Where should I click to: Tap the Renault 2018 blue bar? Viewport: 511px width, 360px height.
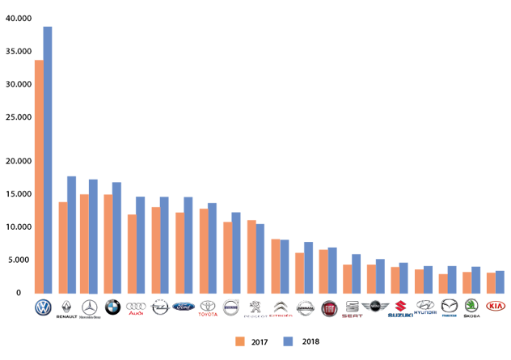(x=71, y=235)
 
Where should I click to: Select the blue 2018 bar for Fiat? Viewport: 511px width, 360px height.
(x=332, y=270)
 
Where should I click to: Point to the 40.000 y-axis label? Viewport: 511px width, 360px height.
(x=17, y=18)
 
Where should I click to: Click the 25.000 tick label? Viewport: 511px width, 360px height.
(x=17, y=117)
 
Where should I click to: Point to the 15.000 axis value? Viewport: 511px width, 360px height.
(x=17, y=194)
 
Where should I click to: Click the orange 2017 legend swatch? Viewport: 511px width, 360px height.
(x=240, y=341)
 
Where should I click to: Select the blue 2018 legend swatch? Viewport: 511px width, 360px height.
(x=287, y=341)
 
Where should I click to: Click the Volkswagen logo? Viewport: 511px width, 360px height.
(x=43, y=307)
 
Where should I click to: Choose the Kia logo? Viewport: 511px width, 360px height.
(x=495, y=307)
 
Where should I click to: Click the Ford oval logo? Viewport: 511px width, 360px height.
(x=184, y=307)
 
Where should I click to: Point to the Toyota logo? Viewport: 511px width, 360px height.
(x=208, y=307)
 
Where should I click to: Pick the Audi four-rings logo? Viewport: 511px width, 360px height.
(x=136, y=307)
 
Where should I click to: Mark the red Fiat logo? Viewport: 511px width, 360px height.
(x=329, y=307)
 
